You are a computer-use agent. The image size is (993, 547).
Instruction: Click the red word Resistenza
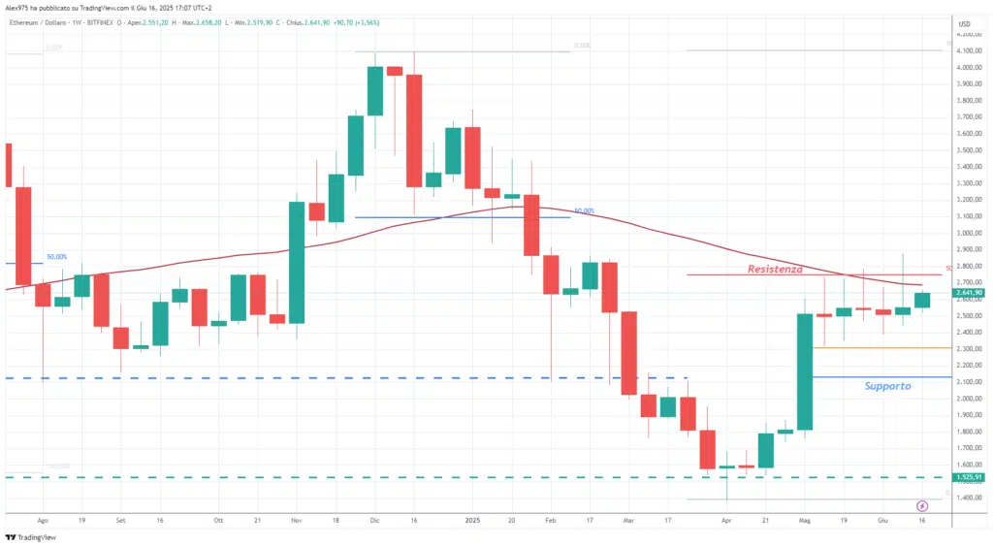pos(775,269)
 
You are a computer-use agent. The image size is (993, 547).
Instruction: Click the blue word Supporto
pos(887,386)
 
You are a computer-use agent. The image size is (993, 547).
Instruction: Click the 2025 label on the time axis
pos(473,519)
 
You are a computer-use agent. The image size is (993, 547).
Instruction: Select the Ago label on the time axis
pos(43,519)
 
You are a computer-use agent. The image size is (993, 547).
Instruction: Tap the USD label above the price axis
pos(965,23)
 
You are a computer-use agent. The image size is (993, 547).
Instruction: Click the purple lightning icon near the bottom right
pos(922,505)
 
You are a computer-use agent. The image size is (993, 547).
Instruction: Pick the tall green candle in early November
pos(297,262)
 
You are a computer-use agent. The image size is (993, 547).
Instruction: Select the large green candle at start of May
pos(804,371)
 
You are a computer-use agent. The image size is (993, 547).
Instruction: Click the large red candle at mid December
pos(414,130)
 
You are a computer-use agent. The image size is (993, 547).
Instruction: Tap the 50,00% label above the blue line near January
pos(584,210)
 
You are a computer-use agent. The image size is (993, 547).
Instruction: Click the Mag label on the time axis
pos(804,519)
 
